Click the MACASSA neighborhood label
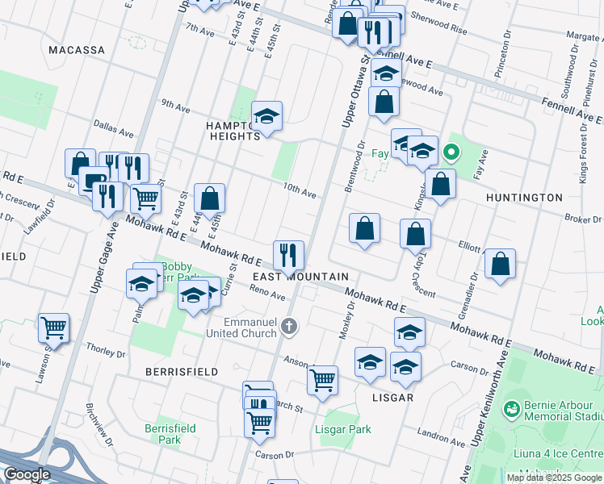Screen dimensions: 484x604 point(77,50)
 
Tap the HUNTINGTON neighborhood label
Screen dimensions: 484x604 point(524,198)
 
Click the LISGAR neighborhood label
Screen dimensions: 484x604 point(392,398)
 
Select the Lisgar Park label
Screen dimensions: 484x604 point(342,429)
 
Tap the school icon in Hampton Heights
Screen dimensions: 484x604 point(266,117)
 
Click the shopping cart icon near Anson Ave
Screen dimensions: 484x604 point(322,379)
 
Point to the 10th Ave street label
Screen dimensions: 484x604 point(299,190)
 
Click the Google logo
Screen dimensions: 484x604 point(27,474)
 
